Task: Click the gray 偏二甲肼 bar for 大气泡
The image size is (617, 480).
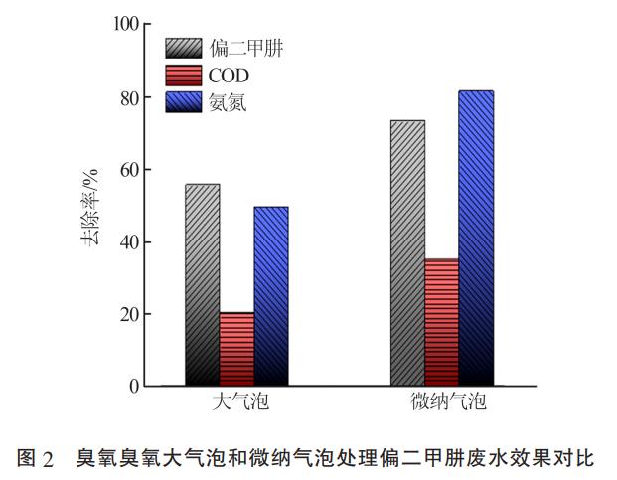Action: tap(203, 284)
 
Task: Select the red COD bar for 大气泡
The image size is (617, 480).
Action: tap(236, 349)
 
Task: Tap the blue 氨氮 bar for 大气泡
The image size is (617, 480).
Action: tap(271, 295)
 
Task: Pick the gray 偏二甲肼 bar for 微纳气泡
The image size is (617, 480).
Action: tap(407, 252)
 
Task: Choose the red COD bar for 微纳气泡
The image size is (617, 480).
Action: tap(441, 322)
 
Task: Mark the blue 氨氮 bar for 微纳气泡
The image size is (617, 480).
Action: tap(476, 238)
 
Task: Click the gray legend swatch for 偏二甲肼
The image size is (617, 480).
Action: tap(184, 48)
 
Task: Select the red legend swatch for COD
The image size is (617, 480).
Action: tap(184, 75)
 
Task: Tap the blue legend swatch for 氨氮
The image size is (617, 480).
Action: tap(184, 101)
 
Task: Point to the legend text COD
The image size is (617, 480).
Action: tap(229, 76)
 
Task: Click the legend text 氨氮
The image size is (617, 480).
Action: tap(228, 102)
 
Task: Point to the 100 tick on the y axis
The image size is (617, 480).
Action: tap(124, 24)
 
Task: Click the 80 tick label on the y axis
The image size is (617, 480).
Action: tap(128, 97)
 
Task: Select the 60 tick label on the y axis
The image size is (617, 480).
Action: tap(128, 170)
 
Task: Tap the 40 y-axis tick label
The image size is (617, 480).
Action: tap(128, 242)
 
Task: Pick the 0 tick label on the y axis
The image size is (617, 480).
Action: tap(133, 387)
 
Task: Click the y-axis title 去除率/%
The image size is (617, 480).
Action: tap(90, 203)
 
